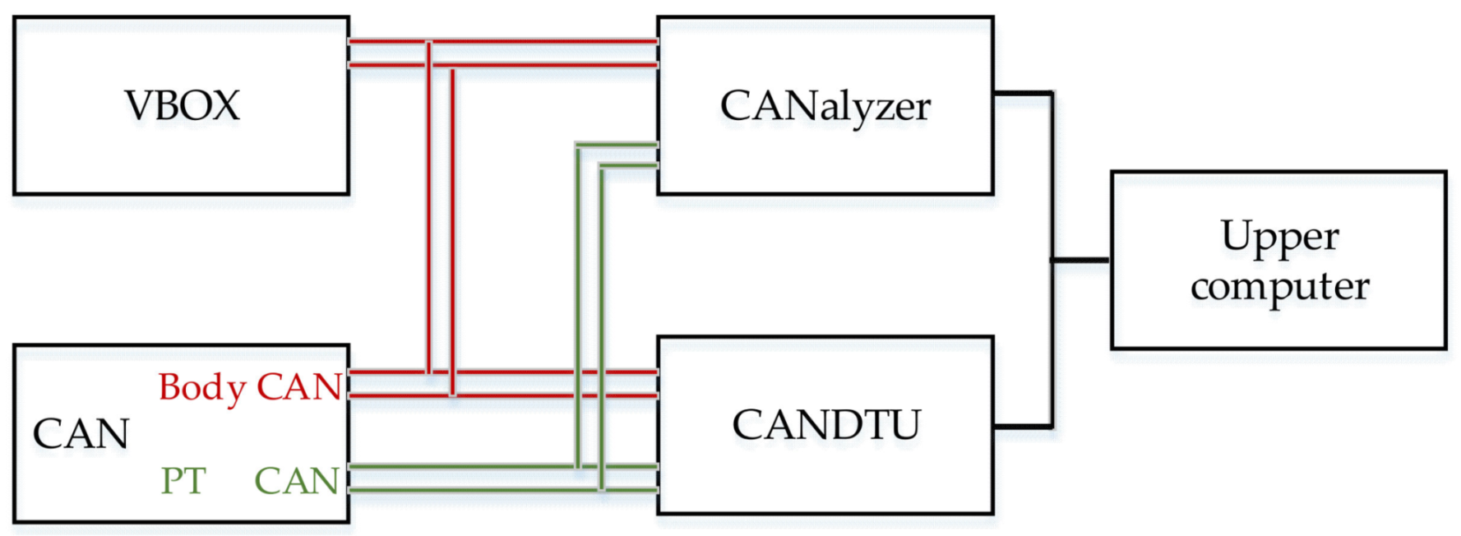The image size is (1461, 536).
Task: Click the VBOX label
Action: click(x=182, y=106)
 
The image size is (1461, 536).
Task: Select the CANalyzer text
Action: click(x=825, y=107)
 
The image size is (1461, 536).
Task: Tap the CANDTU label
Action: click(x=825, y=425)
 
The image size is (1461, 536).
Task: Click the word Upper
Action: click(x=1279, y=238)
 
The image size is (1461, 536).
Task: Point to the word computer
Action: click(x=1279, y=287)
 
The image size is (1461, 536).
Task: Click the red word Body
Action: click(x=202, y=387)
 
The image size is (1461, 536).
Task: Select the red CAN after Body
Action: click(x=299, y=387)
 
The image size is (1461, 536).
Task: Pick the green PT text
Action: click(x=183, y=481)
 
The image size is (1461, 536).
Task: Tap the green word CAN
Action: click(x=297, y=481)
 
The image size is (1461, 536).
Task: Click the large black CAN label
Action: click(x=81, y=434)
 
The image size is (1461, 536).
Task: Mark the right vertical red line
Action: click(x=452, y=230)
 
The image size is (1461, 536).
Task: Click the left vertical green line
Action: click(x=578, y=304)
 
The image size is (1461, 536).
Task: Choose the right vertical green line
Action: click(x=602, y=329)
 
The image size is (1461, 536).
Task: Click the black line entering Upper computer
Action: click(x=1081, y=260)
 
